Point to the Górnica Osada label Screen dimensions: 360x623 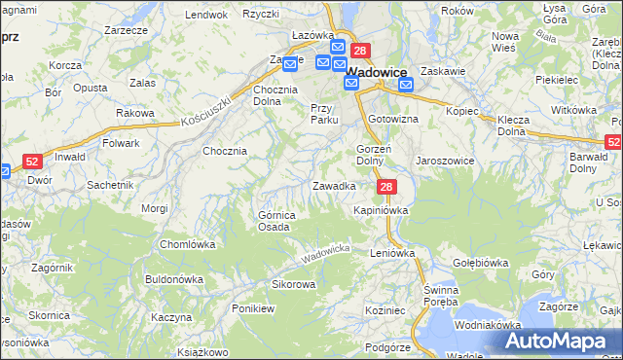click(275, 221)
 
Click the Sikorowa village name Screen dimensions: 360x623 click(293, 285)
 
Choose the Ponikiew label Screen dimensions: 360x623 click(253, 308)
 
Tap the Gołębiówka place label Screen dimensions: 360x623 click(481, 263)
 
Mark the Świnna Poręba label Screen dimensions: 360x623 click(447, 298)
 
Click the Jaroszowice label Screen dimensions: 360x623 click(445, 161)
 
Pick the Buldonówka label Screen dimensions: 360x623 click(173, 278)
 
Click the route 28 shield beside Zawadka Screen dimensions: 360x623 click(387, 187)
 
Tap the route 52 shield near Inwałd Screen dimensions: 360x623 click(32, 162)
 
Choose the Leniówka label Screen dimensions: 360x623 click(392, 252)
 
